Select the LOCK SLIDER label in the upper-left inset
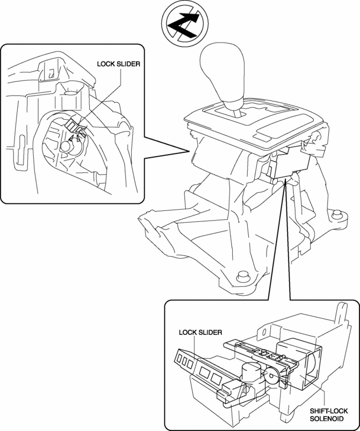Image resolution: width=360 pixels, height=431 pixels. pos(118,63)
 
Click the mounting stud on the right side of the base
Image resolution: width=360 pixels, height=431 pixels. pos(337,215)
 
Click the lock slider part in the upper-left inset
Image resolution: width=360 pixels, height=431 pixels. pos(75,127)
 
